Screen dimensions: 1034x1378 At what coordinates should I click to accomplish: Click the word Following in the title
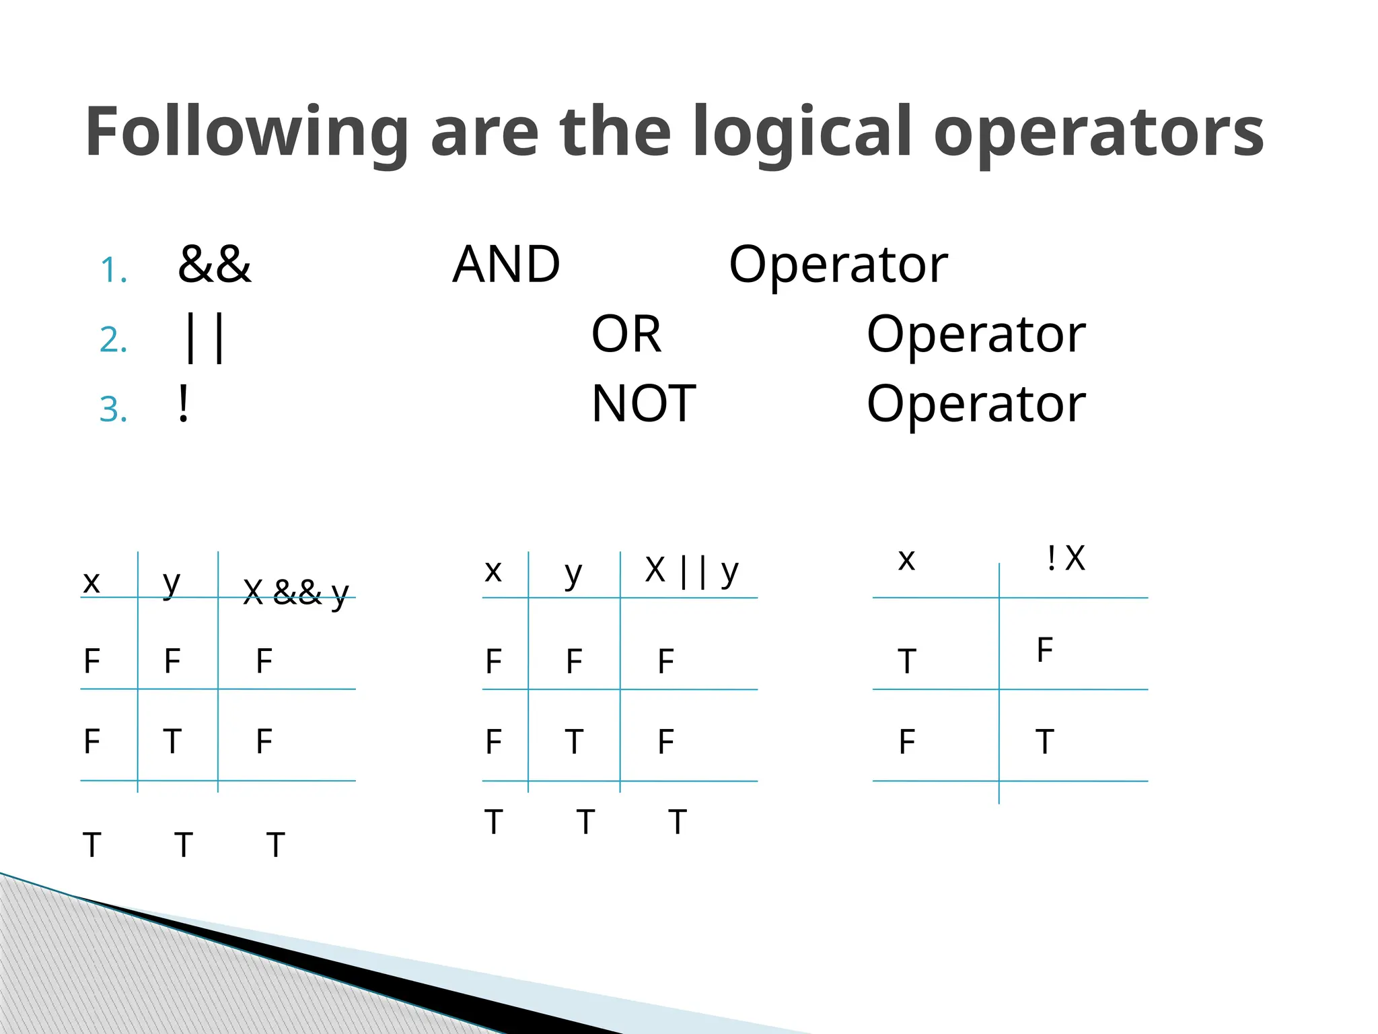click(x=246, y=133)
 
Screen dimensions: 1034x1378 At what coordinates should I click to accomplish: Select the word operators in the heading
click(x=1099, y=133)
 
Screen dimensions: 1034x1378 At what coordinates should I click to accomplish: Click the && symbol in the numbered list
click(x=215, y=264)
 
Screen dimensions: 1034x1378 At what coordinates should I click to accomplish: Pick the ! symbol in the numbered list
click(x=183, y=404)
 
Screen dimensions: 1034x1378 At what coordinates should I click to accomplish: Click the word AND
click(x=506, y=264)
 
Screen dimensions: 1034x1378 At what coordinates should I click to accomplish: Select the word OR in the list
click(x=626, y=334)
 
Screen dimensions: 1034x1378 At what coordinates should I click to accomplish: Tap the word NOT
click(x=643, y=404)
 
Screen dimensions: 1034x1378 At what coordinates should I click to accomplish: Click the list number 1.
click(x=113, y=271)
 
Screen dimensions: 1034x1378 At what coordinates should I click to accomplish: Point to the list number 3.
click(x=113, y=409)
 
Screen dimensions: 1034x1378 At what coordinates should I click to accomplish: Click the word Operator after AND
click(x=838, y=264)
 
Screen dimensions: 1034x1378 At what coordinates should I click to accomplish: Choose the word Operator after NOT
click(x=976, y=404)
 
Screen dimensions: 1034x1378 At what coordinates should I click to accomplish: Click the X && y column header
click(x=296, y=592)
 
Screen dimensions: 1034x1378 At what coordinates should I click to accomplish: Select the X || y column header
click(x=692, y=571)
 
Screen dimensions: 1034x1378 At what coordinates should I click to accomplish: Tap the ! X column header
click(x=1066, y=558)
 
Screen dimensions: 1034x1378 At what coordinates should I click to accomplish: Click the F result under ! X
click(x=1044, y=650)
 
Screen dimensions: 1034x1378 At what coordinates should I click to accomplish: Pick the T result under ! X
click(x=1044, y=742)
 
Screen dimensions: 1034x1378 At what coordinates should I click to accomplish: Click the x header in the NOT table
click(x=906, y=559)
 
